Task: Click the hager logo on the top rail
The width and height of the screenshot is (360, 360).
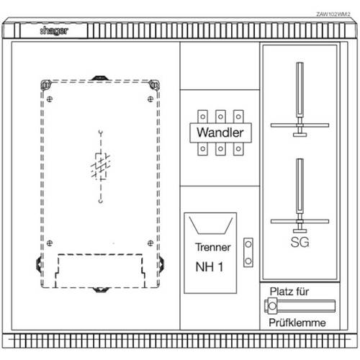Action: pyautogui.click(x=54, y=30)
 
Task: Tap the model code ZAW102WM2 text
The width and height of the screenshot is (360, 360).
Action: pyautogui.click(x=333, y=14)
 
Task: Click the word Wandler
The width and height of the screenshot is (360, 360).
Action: pyautogui.click(x=220, y=132)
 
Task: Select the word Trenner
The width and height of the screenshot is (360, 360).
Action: pyautogui.click(x=213, y=247)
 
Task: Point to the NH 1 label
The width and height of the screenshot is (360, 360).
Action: pyautogui.click(x=210, y=266)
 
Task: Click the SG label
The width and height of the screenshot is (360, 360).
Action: pyautogui.click(x=300, y=242)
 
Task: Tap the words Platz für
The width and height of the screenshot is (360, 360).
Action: pyautogui.click(x=289, y=292)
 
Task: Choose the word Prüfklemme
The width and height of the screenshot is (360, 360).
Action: pyautogui.click(x=297, y=323)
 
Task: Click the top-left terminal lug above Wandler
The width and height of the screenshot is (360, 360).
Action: pyautogui.click(x=202, y=117)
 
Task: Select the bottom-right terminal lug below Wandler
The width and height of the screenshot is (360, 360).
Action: pyautogui.click(x=238, y=149)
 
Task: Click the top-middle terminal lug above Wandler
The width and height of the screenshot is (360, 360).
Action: pyautogui.click(x=220, y=117)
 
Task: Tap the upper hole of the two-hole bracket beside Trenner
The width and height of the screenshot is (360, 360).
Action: pyautogui.click(x=248, y=244)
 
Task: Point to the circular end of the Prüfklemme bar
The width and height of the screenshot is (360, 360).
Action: pyautogui.click(x=272, y=306)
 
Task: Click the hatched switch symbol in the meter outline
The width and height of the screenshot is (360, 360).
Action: pyautogui.click(x=101, y=166)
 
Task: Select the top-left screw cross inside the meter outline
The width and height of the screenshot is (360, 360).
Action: pyautogui.click(x=50, y=99)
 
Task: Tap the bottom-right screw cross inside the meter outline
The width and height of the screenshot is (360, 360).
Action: pyautogui.click(x=150, y=243)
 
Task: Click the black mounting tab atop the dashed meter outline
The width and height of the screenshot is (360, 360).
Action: pyautogui.click(x=100, y=78)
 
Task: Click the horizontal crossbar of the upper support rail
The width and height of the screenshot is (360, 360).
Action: pyautogui.click(x=300, y=125)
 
